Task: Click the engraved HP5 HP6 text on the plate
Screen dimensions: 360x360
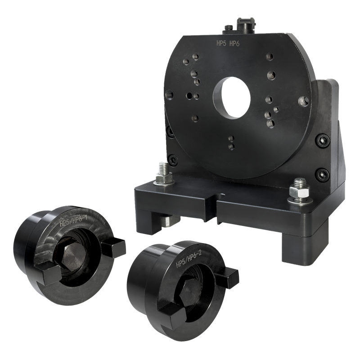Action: tap(228, 43)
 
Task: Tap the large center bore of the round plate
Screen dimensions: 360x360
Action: tap(232, 98)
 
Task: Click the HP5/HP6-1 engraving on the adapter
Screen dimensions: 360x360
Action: tap(73, 221)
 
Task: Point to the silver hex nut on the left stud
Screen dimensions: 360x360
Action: tap(164, 178)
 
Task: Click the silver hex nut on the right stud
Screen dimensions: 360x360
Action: tap(299, 191)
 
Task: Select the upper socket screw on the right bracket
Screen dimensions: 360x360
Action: tap(323, 140)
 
